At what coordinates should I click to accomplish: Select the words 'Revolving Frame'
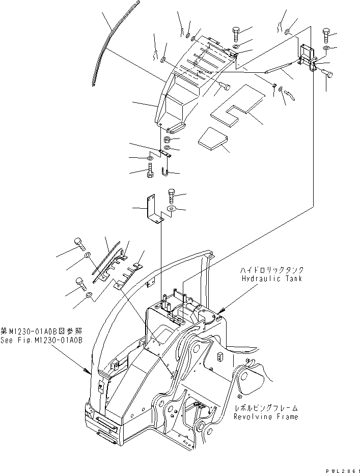[x=266, y=416]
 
